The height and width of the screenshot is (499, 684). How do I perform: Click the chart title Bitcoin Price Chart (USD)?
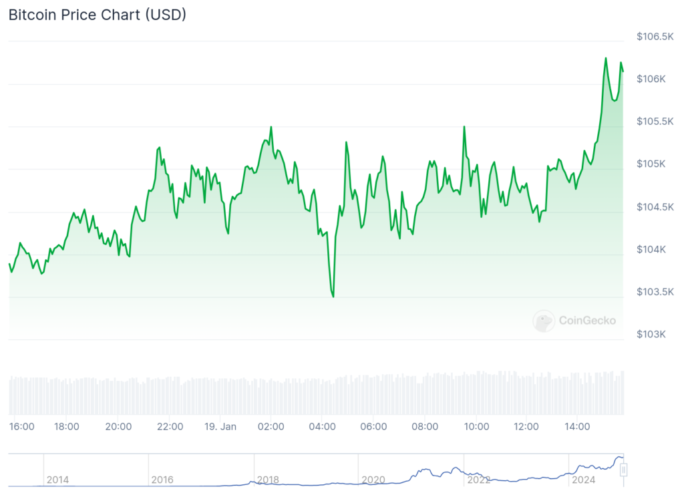[97, 15]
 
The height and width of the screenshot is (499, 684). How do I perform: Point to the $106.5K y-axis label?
[655, 36]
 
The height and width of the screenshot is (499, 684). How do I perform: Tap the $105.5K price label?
[655, 122]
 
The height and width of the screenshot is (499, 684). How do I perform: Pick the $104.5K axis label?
[655, 207]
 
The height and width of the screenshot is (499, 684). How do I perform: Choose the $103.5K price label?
[655, 292]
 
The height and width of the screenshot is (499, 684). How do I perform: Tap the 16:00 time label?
[22, 427]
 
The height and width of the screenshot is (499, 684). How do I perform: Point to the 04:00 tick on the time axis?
[322, 427]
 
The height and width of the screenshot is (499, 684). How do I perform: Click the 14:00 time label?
[577, 427]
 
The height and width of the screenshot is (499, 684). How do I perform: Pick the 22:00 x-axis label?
[170, 427]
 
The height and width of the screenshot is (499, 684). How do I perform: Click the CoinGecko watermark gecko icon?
[544, 321]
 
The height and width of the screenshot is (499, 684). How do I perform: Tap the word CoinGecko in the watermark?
[587, 321]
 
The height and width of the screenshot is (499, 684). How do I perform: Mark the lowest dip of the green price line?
[333, 297]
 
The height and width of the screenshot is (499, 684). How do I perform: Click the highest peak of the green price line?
[606, 58]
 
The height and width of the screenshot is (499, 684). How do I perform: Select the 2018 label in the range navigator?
[268, 480]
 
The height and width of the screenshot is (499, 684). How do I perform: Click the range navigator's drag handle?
[623, 470]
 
